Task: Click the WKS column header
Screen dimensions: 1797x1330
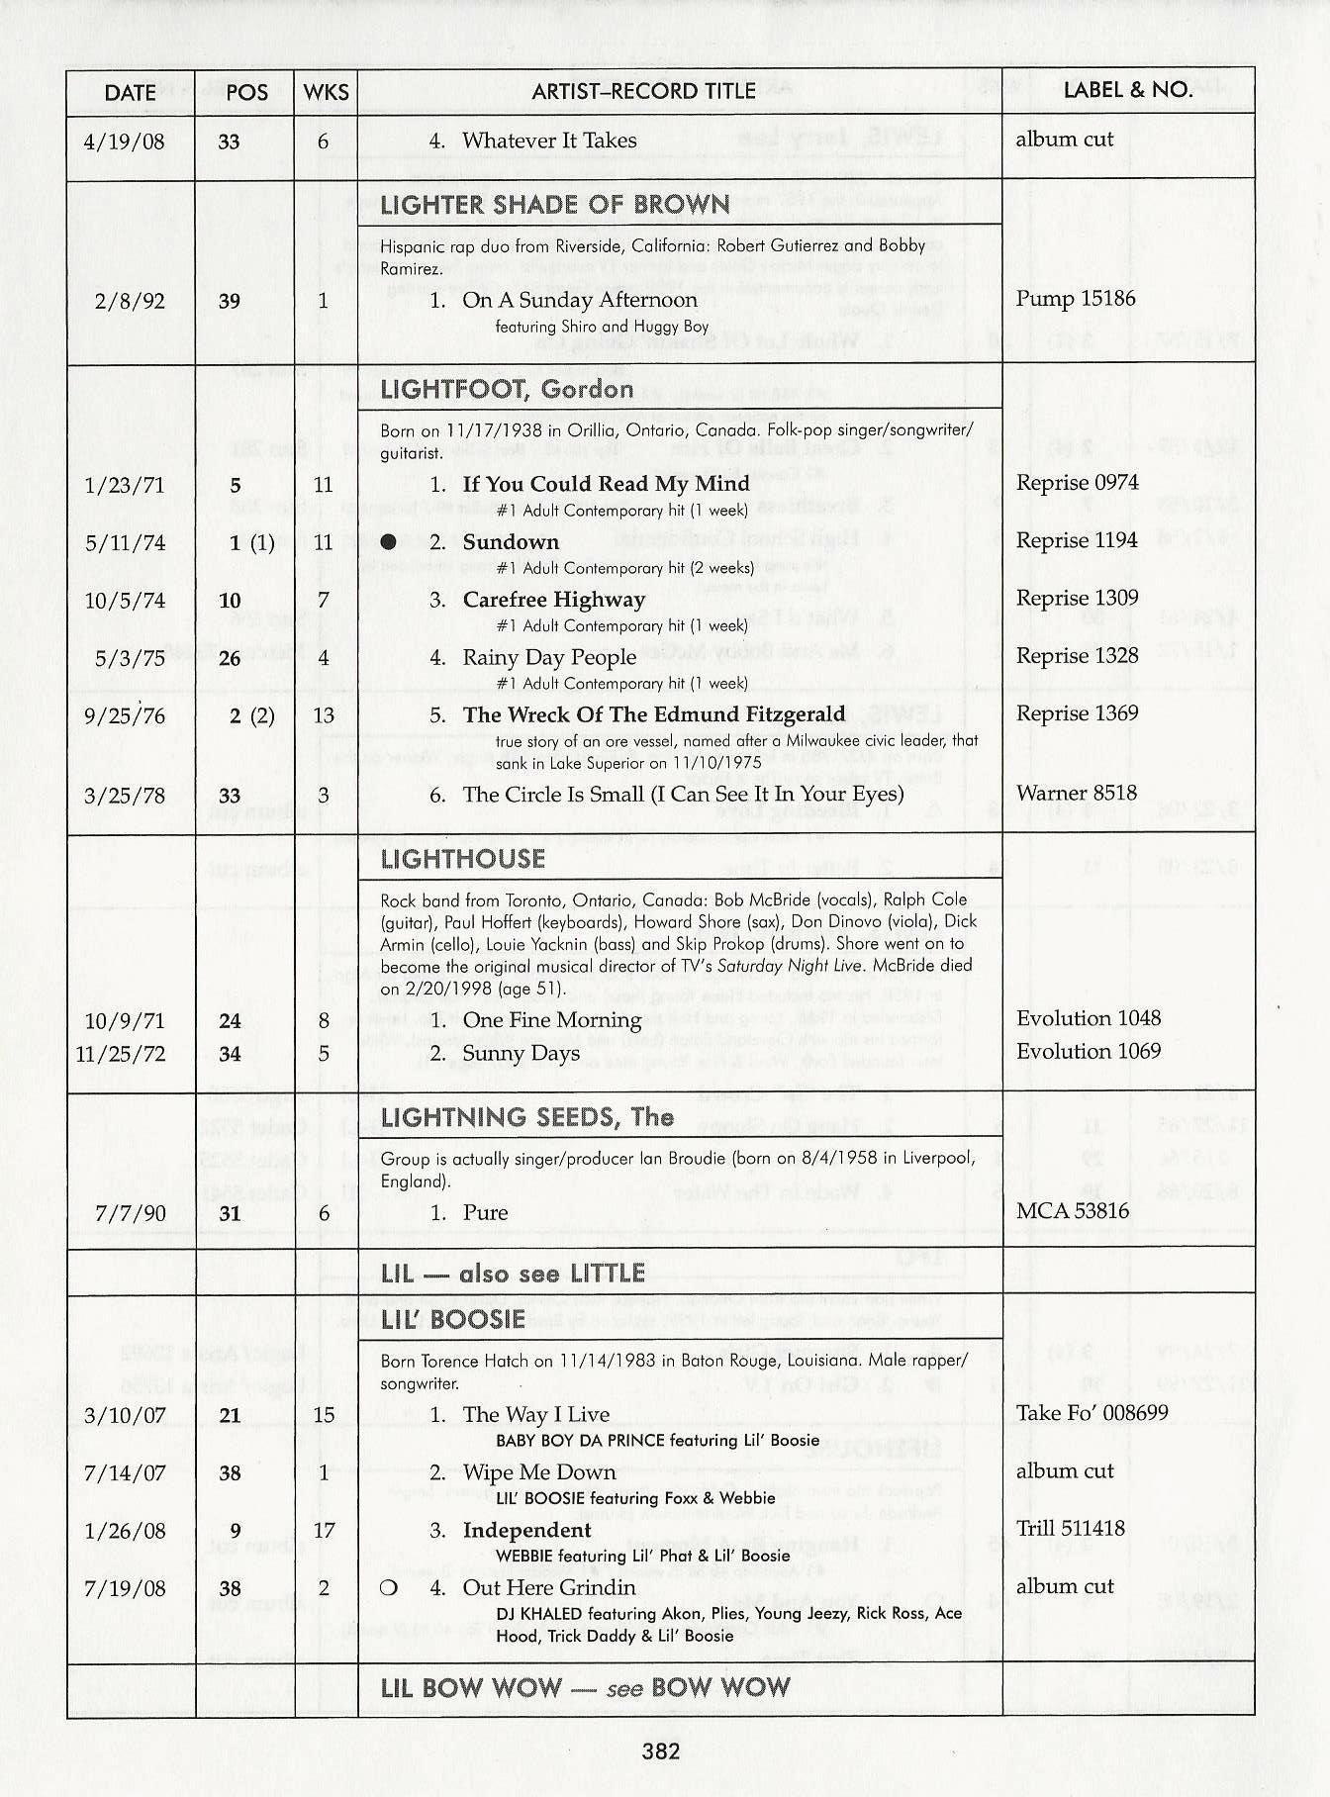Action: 326,92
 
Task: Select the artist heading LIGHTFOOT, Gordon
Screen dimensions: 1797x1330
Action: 507,389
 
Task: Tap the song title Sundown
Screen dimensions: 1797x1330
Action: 511,542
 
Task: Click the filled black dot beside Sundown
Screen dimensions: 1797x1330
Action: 389,542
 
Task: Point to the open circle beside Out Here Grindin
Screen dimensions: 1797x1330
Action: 389,1588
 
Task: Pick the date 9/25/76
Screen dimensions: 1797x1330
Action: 125,715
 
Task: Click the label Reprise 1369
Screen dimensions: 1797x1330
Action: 1077,713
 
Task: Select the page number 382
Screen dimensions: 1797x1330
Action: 661,1751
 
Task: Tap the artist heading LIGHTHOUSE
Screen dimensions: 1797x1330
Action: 462,859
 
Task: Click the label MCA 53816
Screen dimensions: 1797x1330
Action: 1072,1211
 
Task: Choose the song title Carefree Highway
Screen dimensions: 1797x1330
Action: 553,600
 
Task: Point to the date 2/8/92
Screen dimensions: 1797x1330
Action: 129,301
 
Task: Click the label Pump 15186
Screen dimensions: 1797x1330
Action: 1075,299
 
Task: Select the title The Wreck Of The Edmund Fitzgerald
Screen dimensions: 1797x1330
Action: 653,714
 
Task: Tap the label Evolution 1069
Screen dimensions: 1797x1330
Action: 1088,1051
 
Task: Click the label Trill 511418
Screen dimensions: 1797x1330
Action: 1070,1529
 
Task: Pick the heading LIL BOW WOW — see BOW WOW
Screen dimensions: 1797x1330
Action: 585,1688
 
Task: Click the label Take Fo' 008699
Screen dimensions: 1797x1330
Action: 1092,1413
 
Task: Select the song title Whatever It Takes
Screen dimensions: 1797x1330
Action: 549,141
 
